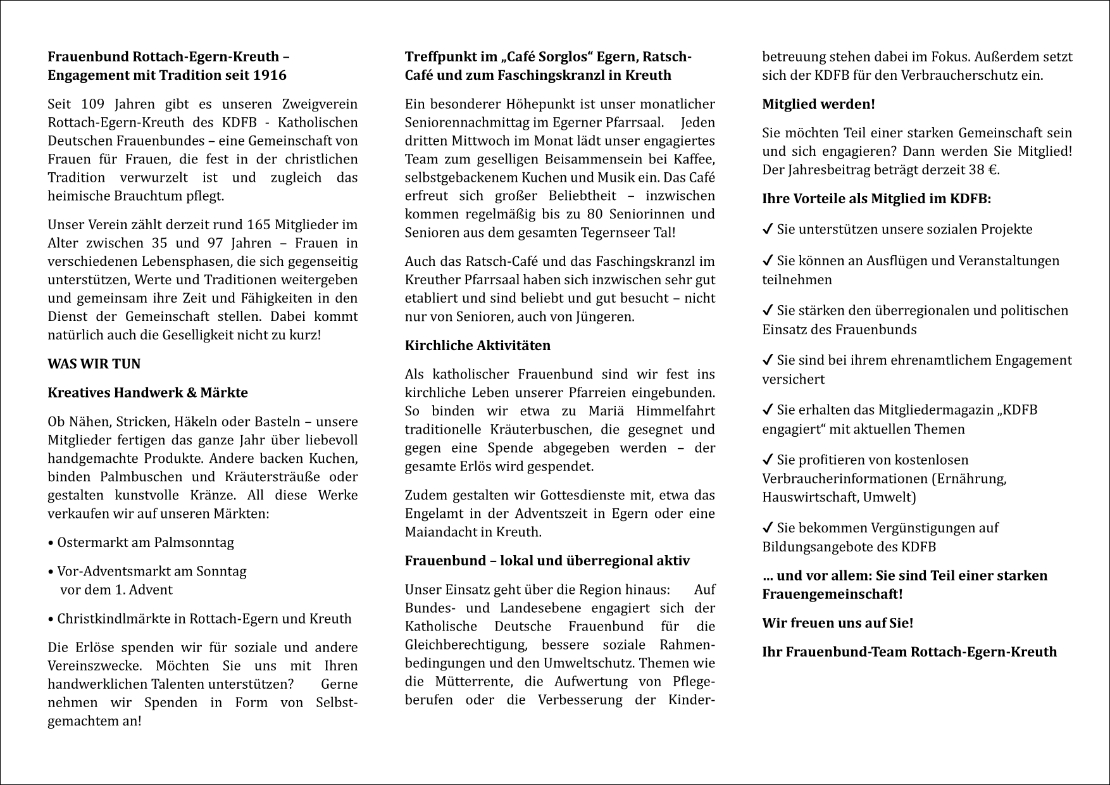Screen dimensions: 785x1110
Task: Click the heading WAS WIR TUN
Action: click(x=94, y=364)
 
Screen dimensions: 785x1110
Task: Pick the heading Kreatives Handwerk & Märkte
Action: click(x=147, y=392)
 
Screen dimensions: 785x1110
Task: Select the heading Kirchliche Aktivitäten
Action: click(x=478, y=346)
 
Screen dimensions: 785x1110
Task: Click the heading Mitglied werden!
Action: click(x=818, y=104)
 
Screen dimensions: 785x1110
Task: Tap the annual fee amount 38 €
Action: click(x=982, y=170)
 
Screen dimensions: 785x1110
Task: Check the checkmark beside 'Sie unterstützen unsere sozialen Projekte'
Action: click(x=768, y=230)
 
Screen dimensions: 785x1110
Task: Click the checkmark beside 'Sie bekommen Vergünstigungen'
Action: click(x=768, y=528)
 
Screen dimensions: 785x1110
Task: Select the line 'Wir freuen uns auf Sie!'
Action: click(x=837, y=623)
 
